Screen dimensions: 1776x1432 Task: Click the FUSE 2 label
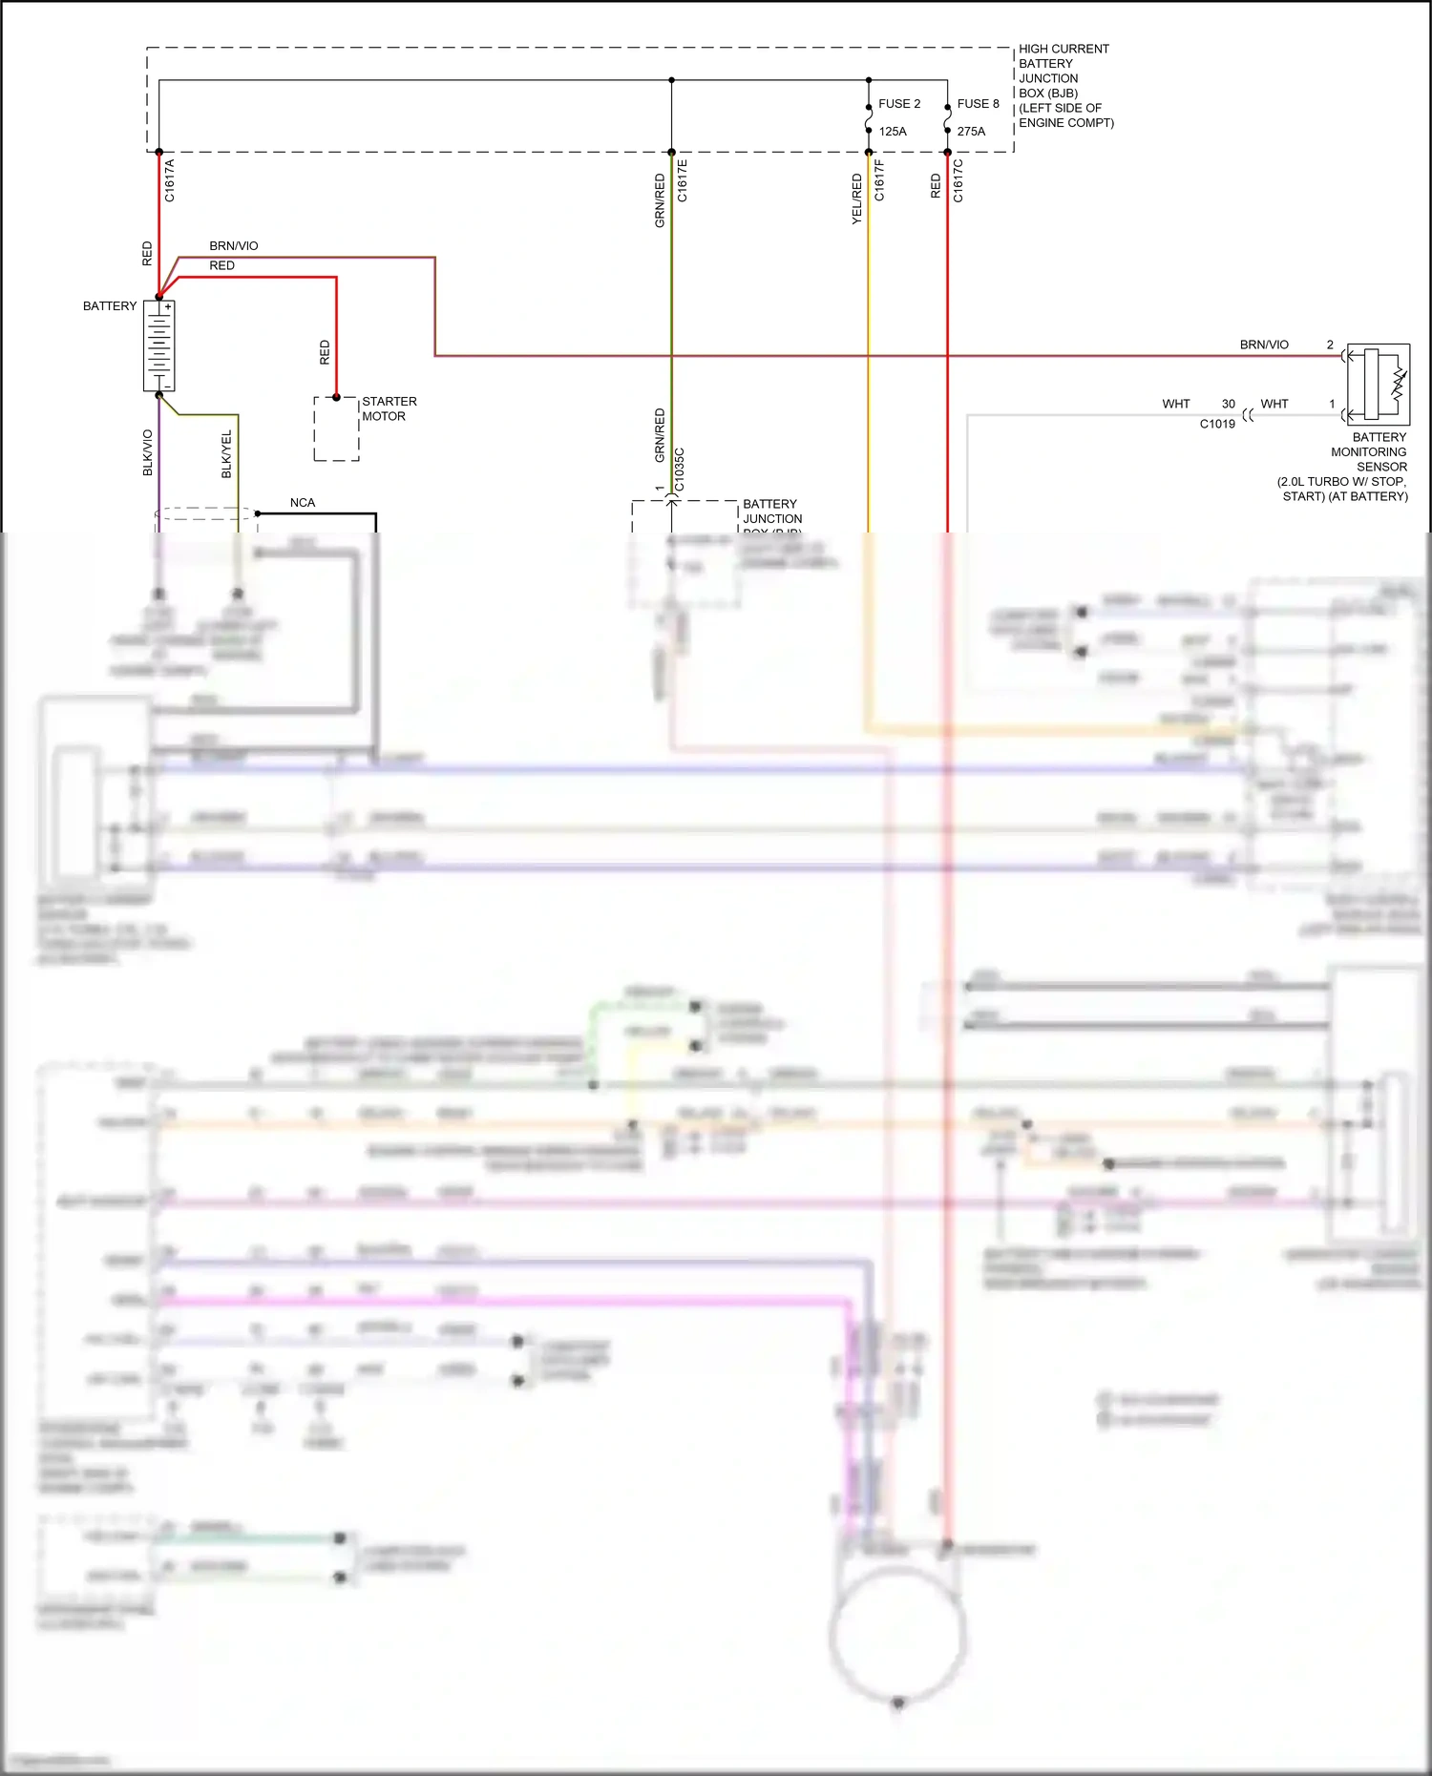[899, 104]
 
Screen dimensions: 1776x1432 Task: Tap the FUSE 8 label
[978, 104]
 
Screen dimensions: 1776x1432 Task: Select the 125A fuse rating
[893, 132]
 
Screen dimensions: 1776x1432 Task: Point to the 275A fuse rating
[971, 132]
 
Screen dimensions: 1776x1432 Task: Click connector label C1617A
[170, 180]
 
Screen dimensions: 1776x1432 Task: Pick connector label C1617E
[683, 180]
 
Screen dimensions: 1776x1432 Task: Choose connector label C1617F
[879, 180]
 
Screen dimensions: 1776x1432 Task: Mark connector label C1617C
[958, 180]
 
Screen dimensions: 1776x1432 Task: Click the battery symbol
[158, 345]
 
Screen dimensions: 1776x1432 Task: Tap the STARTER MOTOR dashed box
[336, 428]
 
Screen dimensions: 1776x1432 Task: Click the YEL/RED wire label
[856, 199]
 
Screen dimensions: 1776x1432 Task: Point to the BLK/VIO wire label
[148, 452]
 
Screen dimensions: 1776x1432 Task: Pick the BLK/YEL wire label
[227, 454]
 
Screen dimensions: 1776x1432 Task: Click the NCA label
[303, 503]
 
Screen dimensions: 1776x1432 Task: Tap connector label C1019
[1217, 424]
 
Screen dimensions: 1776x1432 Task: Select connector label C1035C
[680, 470]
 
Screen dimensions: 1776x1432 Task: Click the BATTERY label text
[110, 306]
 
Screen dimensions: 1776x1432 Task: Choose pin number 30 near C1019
[1229, 405]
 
